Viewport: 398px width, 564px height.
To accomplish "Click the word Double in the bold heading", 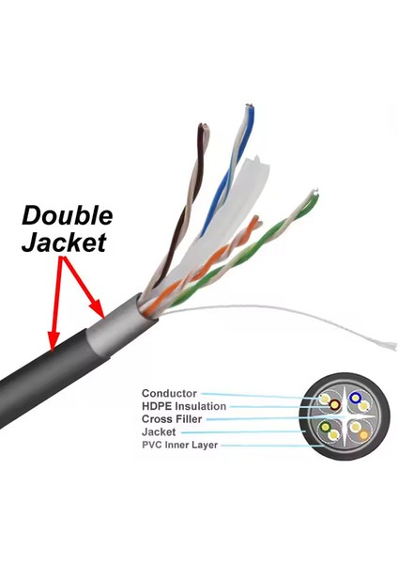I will coord(68,215).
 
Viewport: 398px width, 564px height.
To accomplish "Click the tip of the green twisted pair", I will coord(313,196).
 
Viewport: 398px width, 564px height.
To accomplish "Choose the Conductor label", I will coord(169,393).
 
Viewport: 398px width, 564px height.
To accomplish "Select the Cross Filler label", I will coord(172,418).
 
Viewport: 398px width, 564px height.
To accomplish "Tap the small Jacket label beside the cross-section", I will coord(160,431).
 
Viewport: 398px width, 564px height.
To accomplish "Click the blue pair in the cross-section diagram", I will coord(357,399).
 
